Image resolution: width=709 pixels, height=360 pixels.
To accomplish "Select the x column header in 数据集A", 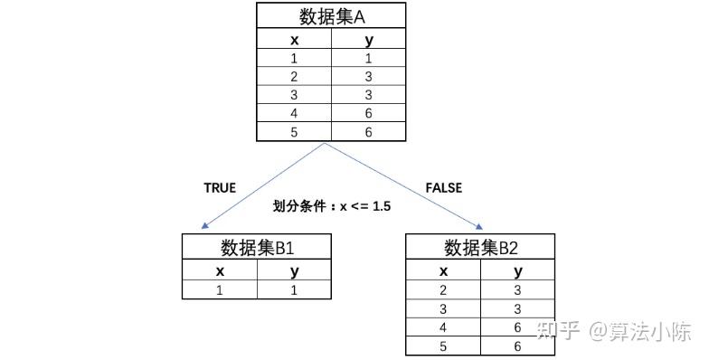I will point(294,40).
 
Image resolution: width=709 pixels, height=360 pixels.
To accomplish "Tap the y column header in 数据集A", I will point(369,40).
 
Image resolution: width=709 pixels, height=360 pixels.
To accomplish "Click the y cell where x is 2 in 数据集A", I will point(369,77).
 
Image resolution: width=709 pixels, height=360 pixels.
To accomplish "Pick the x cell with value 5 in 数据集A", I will point(294,132).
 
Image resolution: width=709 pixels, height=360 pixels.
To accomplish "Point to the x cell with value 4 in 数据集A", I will point(294,114).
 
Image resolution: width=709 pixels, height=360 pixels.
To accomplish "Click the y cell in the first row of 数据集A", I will point(369,59).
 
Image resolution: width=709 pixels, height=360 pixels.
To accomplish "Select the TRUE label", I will point(220,188).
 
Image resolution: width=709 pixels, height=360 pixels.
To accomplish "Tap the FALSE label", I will point(443,188).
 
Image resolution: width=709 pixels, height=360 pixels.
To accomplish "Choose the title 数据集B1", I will point(257,248).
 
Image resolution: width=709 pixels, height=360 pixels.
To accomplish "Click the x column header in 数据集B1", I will point(220,270).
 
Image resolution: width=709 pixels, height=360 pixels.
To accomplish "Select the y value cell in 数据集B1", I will point(294,289).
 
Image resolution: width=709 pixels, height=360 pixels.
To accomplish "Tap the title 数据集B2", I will point(480,248).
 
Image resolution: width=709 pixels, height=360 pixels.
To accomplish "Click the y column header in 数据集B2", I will point(517,270).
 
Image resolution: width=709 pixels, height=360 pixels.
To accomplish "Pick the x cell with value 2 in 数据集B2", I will point(443,290).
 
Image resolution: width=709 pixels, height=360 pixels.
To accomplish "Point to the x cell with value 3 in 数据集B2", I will point(443,309).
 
